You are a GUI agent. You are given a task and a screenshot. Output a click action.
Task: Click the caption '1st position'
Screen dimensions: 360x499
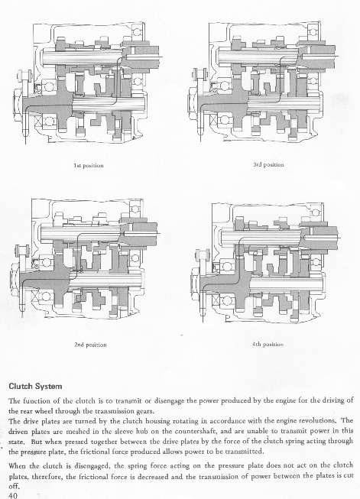(89, 166)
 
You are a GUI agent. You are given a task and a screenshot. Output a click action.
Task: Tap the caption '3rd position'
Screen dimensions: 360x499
(268, 165)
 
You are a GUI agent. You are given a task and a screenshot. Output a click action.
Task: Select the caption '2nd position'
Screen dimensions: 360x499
(90, 345)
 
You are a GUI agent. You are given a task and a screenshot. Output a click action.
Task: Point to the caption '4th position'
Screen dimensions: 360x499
(268, 344)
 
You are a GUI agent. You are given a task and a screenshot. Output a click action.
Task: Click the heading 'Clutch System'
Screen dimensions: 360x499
(35, 387)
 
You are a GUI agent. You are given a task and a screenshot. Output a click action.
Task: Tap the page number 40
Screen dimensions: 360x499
(13, 495)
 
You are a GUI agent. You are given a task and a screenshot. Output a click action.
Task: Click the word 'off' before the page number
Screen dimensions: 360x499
(14, 487)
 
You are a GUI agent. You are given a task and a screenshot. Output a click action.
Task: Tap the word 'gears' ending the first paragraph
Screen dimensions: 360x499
(146, 411)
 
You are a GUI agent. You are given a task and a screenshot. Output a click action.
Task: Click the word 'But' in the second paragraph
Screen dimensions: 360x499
(36, 442)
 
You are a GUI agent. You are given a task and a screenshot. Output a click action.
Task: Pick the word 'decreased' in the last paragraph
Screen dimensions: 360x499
(168, 476)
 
